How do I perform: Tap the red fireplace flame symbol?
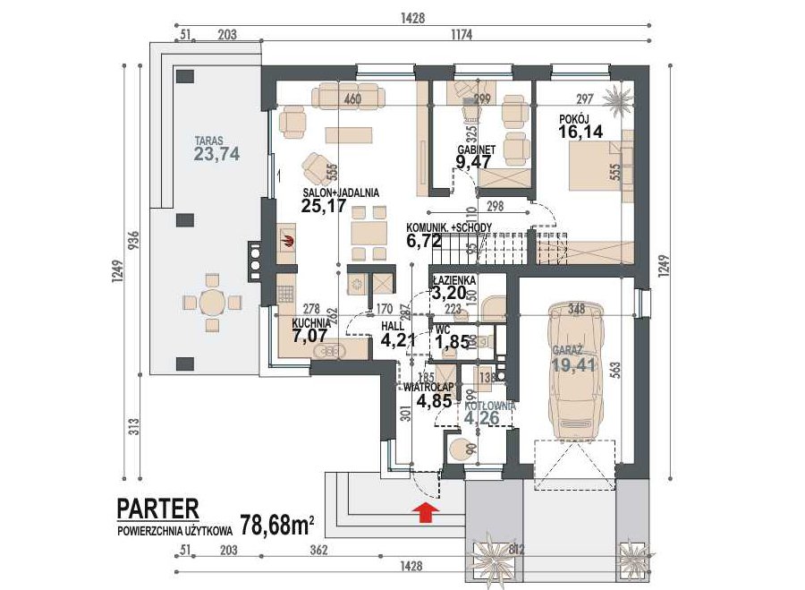tap(287, 239)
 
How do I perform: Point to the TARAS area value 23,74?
tap(216, 154)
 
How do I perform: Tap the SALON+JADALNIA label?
tap(341, 192)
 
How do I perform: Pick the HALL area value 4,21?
tap(398, 340)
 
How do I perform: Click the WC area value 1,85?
tap(452, 341)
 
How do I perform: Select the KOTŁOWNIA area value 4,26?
tap(487, 415)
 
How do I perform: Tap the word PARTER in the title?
tap(157, 509)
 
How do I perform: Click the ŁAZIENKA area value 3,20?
tap(450, 293)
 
